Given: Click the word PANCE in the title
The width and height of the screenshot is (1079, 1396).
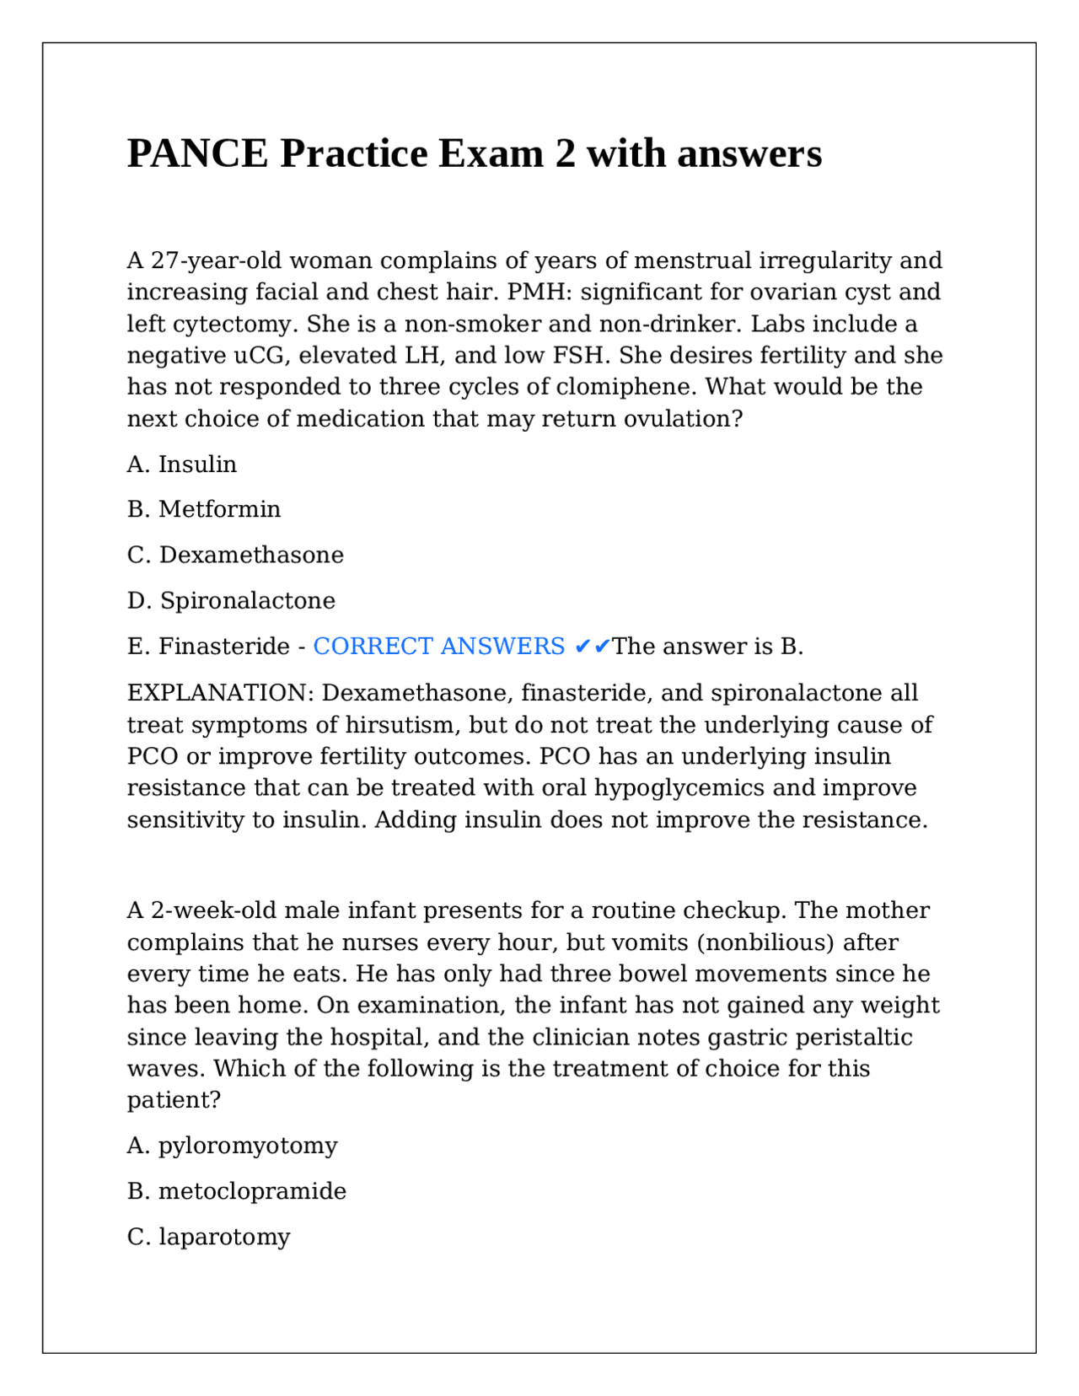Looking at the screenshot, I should point(197,154).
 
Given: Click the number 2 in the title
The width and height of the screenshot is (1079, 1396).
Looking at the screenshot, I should point(564,154).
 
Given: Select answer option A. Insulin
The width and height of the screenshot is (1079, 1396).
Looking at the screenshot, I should point(182,464).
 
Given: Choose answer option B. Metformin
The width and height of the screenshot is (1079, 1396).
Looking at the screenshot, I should point(204,509).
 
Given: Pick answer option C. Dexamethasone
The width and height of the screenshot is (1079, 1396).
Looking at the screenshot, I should point(235,555).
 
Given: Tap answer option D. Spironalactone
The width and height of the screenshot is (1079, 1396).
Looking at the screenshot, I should point(231,600).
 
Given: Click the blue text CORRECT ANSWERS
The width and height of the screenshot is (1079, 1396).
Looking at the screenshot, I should point(438,647).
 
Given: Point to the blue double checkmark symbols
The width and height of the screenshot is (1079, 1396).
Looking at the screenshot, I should point(592,647).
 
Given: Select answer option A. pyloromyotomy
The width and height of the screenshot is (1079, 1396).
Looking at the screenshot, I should point(232,1146).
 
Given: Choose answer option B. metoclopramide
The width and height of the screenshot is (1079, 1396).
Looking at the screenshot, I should point(237,1191).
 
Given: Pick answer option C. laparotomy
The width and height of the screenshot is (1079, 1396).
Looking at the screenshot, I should point(208,1237).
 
